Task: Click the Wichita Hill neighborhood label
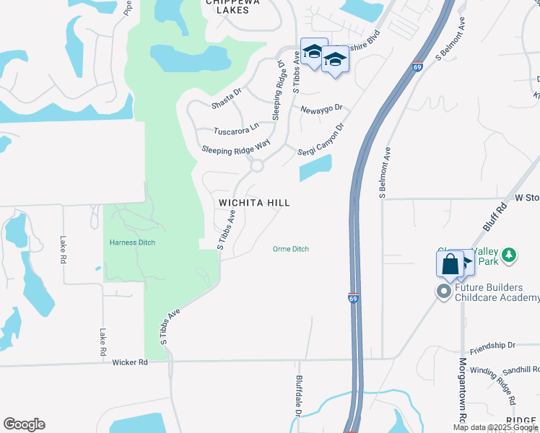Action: click(x=254, y=203)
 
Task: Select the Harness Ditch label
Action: click(x=132, y=242)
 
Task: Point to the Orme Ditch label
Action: click(x=291, y=249)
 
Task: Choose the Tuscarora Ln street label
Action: click(x=236, y=130)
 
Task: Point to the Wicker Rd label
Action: click(x=130, y=362)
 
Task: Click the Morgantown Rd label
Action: click(x=461, y=393)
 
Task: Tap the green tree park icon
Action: click(x=510, y=254)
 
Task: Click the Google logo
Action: click(x=24, y=424)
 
